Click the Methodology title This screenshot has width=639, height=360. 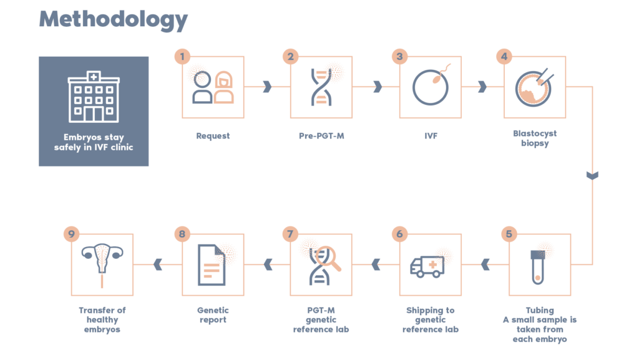[113, 20]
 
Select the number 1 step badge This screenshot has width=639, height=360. [182, 56]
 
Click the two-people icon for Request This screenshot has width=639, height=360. [213, 87]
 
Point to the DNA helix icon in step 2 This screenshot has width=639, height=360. [321, 87]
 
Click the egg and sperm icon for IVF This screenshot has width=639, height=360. [430, 87]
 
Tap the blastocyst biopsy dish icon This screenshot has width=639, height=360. [534, 87]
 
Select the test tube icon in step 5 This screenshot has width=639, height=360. [539, 265]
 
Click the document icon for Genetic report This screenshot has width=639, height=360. [212, 265]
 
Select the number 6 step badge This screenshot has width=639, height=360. [399, 234]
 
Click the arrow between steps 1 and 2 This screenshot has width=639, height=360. [266, 87]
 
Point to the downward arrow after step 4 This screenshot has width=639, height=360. [592, 176]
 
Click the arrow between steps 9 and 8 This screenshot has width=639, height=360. [158, 265]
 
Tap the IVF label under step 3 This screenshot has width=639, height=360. [430, 135]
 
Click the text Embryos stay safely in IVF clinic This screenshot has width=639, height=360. [94, 143]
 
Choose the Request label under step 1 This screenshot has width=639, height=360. [213, 135]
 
